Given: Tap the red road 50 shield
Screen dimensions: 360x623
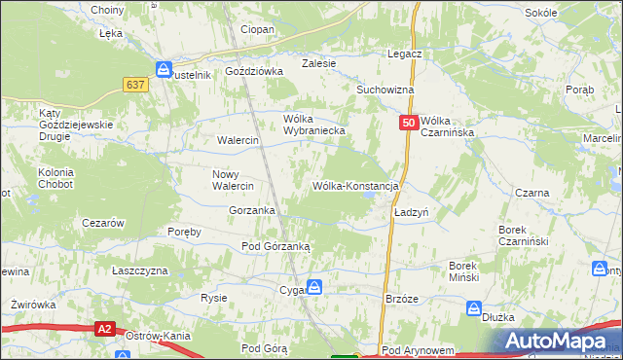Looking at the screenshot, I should [x=409, y=123].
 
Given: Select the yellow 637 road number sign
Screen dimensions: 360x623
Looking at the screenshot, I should [x=135, y=85].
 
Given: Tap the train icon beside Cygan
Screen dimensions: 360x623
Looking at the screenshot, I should [x=315, y=287].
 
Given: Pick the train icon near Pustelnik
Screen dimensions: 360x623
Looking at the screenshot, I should [x=164, y=70].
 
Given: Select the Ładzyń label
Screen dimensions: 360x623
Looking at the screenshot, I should [x=412, y=211].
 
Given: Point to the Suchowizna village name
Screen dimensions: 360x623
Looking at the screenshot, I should [x=385, y=90].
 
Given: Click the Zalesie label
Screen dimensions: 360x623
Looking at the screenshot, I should [x=318, y=63].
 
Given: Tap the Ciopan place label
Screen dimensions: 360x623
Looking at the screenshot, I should [x=258, y=30].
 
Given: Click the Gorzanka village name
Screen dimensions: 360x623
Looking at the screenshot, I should [x=251, y=210].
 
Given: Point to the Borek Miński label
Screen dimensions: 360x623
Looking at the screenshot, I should [x=463, y=271].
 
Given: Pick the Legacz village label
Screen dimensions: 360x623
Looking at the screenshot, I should [x=403, y=54].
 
